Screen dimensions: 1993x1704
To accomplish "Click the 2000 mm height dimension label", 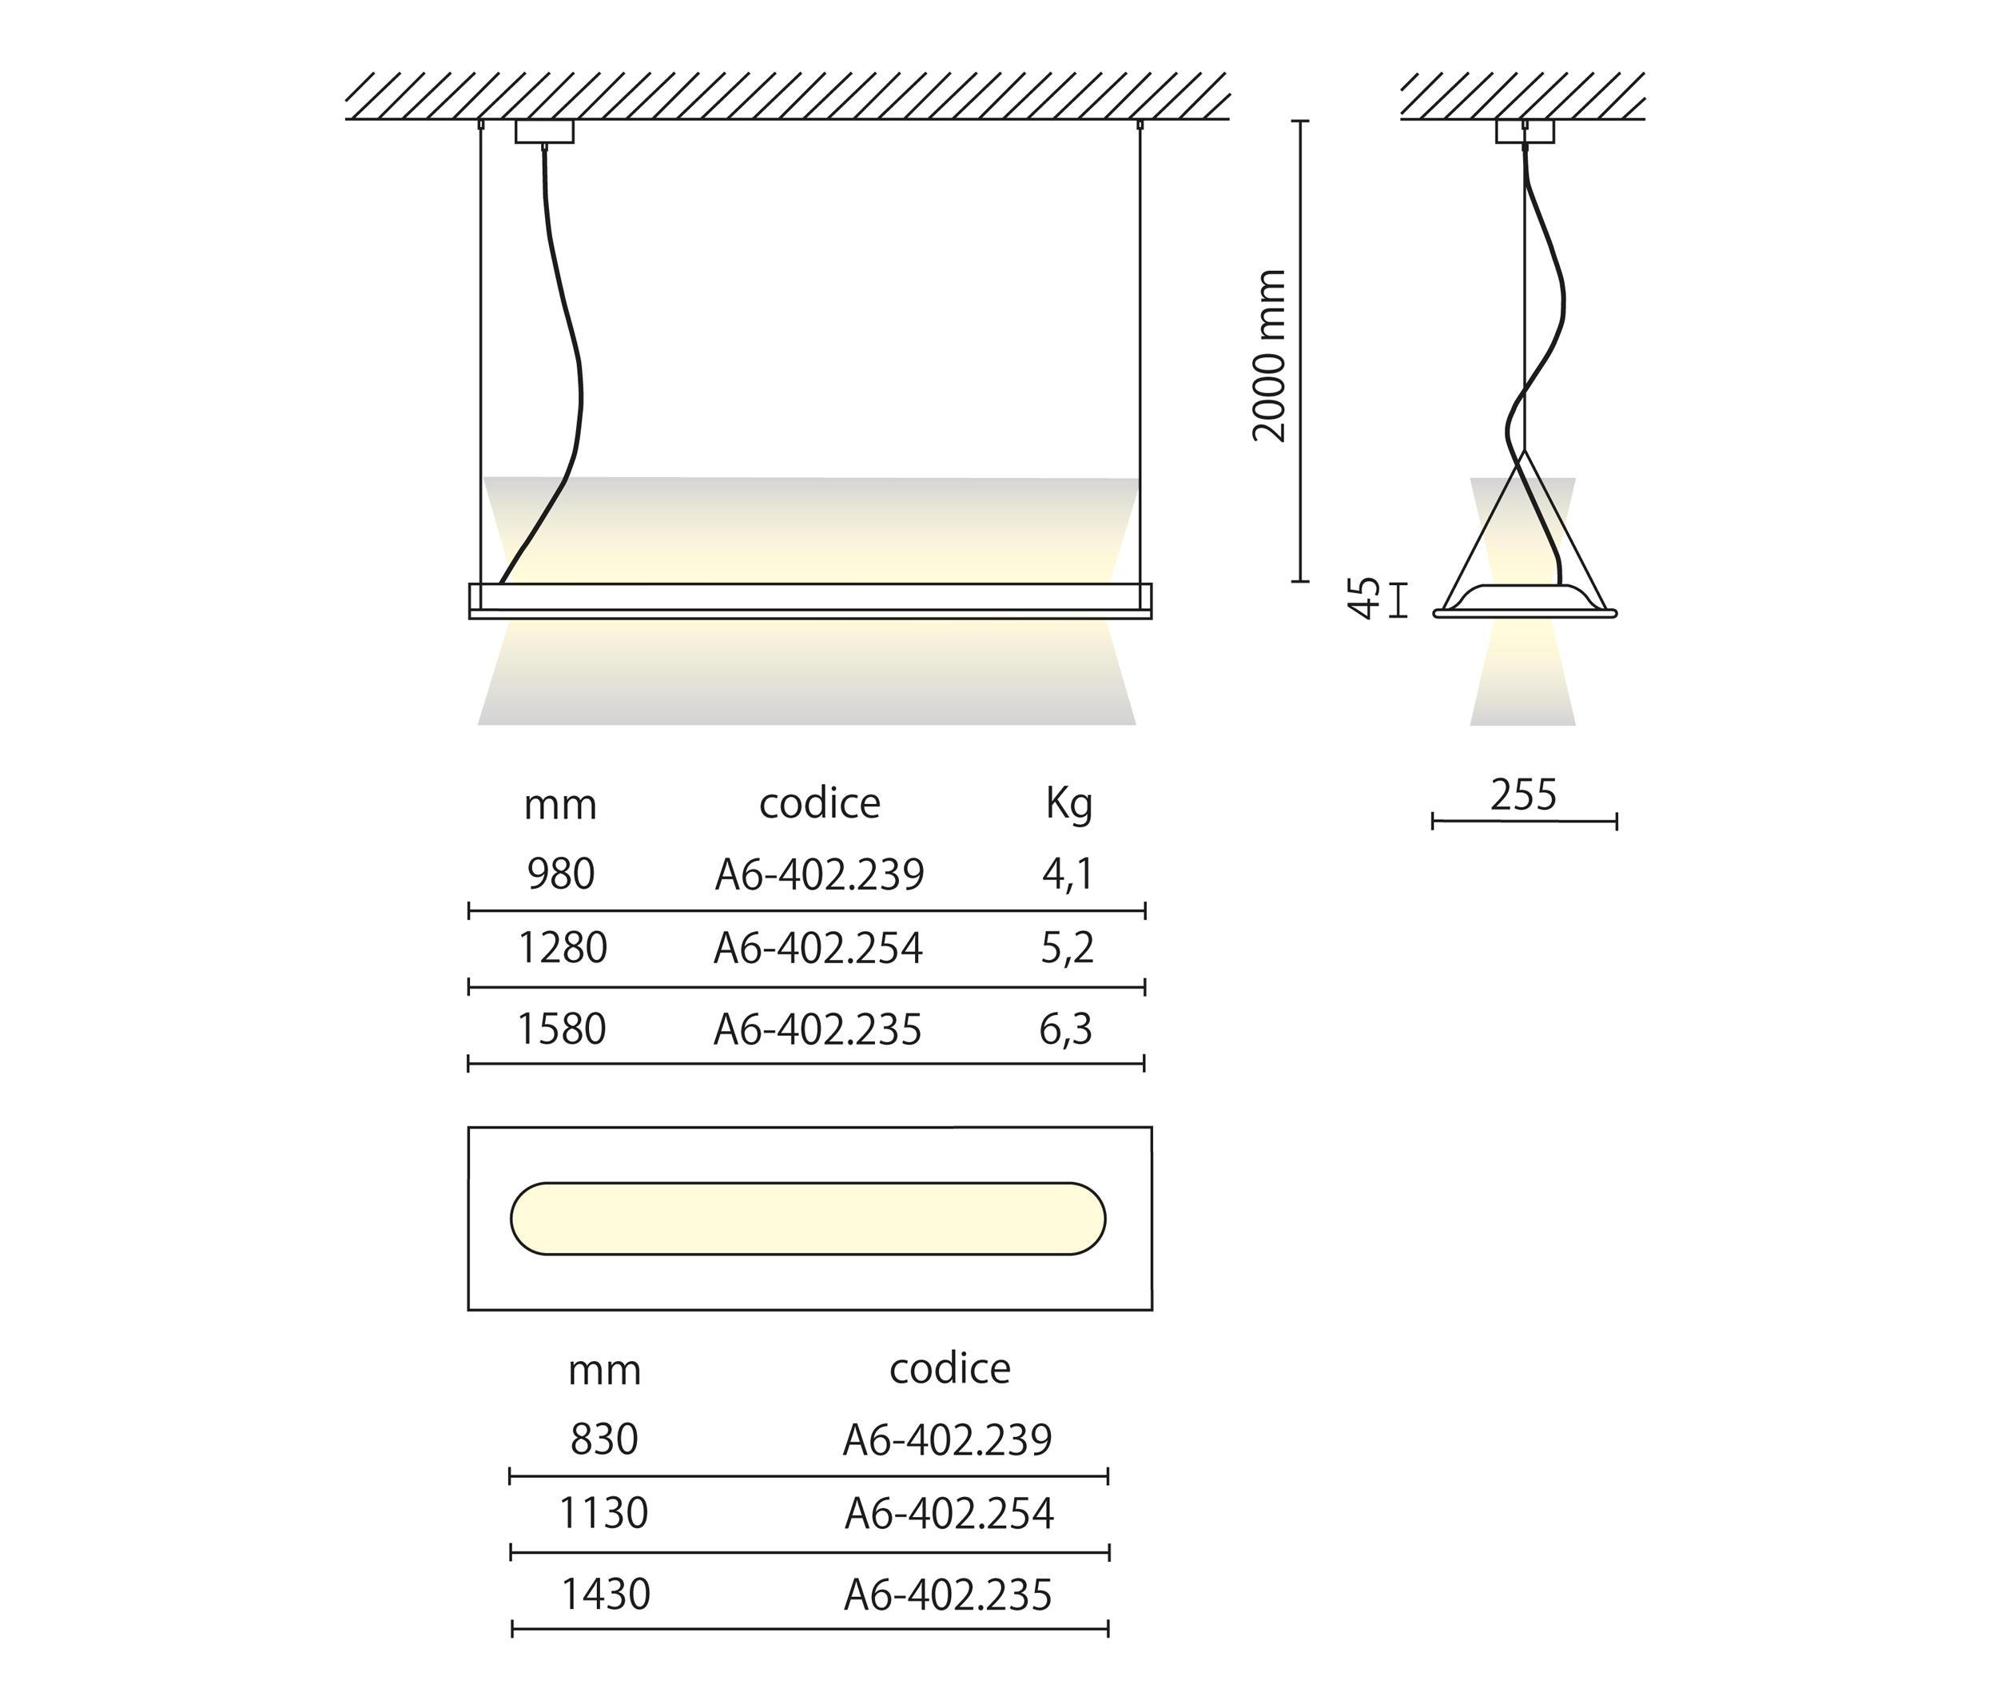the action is click(1270, 356).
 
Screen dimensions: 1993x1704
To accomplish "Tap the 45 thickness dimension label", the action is click(1364, 598).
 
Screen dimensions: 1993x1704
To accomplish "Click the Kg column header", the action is click(1068, 803).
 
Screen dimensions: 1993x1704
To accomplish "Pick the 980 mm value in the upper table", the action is click(561, 874).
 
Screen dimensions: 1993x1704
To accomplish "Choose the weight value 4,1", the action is click(1068, 874).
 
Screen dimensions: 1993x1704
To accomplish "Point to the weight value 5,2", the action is click(1068, 949).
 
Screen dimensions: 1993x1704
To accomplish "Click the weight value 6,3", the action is click(1066, 1029).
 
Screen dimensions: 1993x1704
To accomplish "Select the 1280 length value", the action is click(563, 949).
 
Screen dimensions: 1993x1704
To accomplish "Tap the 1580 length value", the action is click(562, 1029).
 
